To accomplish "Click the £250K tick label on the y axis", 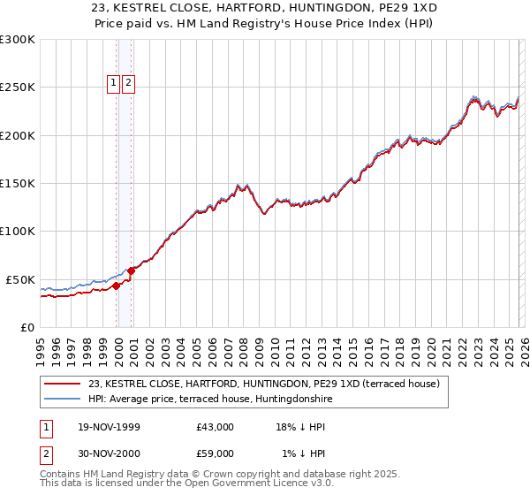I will [17, 88].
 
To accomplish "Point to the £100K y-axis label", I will [17, 231].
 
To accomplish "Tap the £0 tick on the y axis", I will [26, 327].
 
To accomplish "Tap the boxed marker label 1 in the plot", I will [114, 83].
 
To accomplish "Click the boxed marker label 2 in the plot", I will [128, 83].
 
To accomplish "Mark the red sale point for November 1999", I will [117, 286].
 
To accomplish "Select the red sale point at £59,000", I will [132, 270].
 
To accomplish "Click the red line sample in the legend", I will [63, 385].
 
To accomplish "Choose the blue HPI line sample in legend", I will [63, 399].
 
